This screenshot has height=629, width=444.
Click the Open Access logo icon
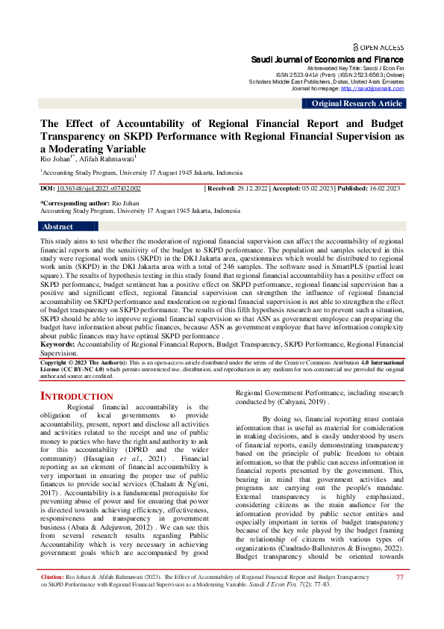pos(356,46)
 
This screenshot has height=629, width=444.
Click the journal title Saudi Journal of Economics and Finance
pos(327,59)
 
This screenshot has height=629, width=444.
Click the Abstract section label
pos(57,226)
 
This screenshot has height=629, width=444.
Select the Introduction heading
pos(76,396)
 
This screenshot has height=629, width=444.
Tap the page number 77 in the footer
pos(400,598)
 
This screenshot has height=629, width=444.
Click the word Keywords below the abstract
pos(57,344)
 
